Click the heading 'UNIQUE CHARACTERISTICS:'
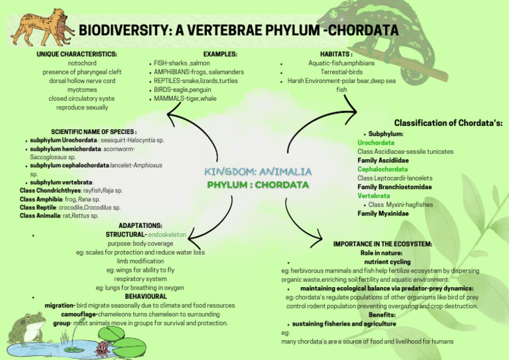pos(77,54)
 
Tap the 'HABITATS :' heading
pos(336,54)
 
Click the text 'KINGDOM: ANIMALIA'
pos(258,172)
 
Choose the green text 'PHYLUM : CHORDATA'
pos(258,184)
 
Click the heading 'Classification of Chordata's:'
pos(448,123)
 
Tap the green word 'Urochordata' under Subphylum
pos(376,143)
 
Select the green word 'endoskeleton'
pos(167,235)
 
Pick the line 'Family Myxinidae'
pos(383,213)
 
